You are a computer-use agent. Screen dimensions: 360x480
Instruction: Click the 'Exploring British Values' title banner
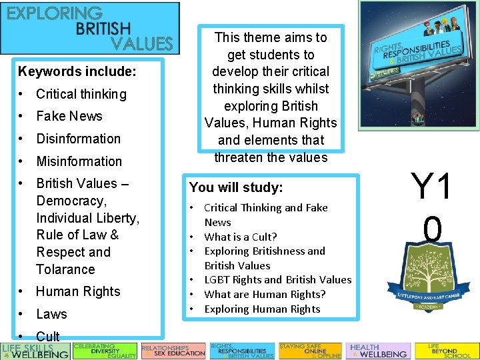tap(90, 28)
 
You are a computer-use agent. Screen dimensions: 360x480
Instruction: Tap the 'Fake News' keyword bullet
tap(69, 116)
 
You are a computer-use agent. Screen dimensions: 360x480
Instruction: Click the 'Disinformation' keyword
tap(78, 139)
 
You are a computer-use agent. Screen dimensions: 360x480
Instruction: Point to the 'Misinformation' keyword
tap(79, 161)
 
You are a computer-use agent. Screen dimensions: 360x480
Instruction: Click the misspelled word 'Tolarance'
tap(65, 269)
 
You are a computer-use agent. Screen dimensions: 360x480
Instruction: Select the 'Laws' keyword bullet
tap(51, 314)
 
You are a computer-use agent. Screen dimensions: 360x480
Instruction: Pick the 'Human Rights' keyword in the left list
tap(78, 291)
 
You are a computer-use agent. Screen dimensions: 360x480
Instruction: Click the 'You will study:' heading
tap(236, 187)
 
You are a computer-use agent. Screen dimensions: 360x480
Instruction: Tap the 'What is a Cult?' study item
tap(240, 237)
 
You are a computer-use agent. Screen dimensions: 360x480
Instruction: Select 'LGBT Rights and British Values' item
tap(277, 279)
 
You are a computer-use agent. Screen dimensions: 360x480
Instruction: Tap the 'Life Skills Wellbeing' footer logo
tap(35, 351)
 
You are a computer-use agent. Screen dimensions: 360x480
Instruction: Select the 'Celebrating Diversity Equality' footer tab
tap(104, 351)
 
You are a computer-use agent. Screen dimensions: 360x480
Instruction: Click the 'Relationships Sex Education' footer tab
tap(173, 351)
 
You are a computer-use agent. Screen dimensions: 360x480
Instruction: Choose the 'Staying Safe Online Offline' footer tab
tap(309, 351)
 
